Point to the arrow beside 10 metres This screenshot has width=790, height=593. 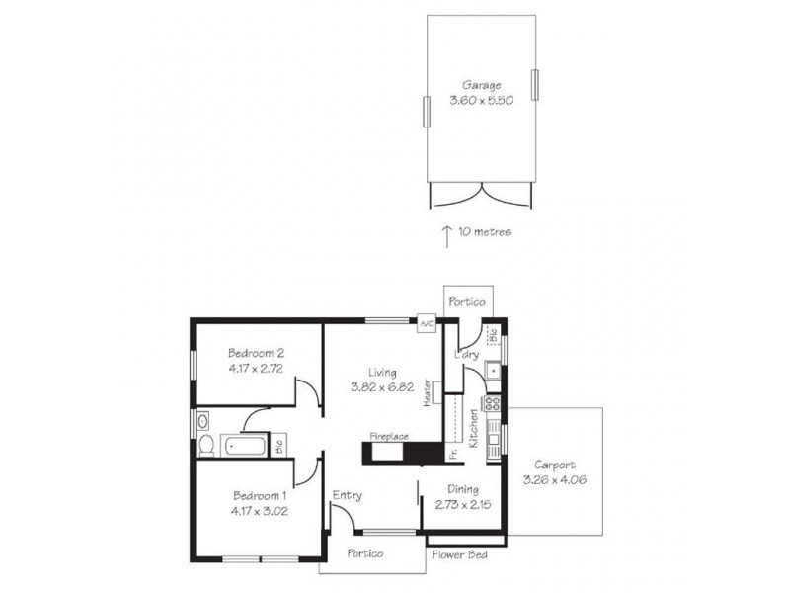[x=446, y=233]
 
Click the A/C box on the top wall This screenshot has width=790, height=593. [x=427, y=324]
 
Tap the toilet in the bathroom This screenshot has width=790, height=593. [x=205, y=447]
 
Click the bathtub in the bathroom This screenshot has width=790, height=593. [x=245, y=446]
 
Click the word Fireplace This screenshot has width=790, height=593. [x=389, y=435]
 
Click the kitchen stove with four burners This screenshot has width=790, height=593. [x=493, y=403]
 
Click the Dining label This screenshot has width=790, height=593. [x=463, y=489]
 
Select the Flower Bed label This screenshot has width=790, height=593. [x=455, y=554]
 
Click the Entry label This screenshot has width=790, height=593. [x=348, y=496]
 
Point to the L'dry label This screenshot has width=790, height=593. [x=465, y=354]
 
